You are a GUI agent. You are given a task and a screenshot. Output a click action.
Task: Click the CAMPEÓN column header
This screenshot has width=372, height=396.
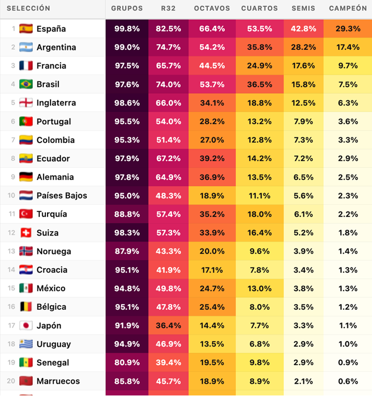(348, 8)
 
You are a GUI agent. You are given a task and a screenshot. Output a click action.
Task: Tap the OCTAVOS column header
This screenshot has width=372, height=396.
(212, 8)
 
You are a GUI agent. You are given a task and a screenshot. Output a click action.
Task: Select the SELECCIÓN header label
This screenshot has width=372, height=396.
(29, 8)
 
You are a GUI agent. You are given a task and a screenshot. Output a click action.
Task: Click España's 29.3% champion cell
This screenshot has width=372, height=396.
(348, 29)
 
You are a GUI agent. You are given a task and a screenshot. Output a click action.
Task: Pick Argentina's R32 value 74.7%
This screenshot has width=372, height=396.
(168, 47)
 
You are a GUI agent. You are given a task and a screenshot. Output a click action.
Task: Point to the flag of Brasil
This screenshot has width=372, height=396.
(26, 84)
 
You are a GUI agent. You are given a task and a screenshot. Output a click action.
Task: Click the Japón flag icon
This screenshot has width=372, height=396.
(26, 325)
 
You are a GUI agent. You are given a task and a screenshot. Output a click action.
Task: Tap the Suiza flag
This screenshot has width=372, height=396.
(26, 233)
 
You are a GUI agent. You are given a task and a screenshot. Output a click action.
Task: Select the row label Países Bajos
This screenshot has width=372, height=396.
(62, 195)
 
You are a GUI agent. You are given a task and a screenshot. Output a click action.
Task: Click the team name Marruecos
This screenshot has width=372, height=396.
(58, 381)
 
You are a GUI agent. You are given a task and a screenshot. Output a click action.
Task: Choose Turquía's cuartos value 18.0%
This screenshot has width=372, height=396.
(259, 214)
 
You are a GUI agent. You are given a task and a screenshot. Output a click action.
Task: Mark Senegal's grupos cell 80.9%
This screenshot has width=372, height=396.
(127, 363)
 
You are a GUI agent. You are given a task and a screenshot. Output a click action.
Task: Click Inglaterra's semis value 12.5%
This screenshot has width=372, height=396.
(304, 103)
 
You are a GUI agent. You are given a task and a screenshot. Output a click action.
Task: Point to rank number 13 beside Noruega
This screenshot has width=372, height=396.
(11, 251)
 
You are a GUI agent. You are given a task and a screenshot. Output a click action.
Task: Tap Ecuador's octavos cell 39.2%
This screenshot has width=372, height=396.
(212, 159)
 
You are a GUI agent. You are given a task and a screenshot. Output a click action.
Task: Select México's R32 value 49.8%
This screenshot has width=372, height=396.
(168, 288)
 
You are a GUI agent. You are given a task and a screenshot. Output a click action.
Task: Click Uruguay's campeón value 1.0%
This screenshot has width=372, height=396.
(348, 344)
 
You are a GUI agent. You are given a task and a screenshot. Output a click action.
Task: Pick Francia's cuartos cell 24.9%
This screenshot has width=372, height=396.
(259, 66)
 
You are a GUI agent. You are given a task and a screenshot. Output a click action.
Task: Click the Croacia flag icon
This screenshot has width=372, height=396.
(26, 270)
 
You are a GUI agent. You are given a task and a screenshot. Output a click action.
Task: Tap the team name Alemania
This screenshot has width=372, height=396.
(55, 177)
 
